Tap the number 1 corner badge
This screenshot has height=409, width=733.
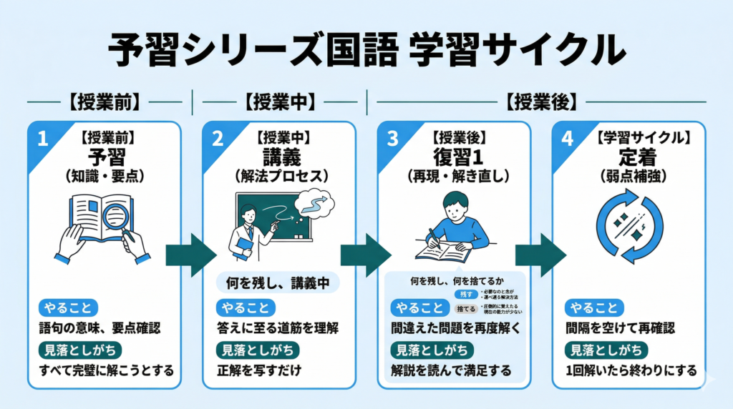42,139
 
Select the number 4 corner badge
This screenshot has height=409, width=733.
568,139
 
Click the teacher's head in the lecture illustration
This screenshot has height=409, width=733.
248,214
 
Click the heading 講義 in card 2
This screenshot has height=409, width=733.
278,157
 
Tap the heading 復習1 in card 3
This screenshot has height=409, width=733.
455,157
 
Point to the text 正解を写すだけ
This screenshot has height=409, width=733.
258,370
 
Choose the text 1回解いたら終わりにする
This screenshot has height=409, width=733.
630,370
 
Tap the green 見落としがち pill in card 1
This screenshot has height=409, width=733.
79,350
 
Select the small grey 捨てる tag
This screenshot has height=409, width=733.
465,309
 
